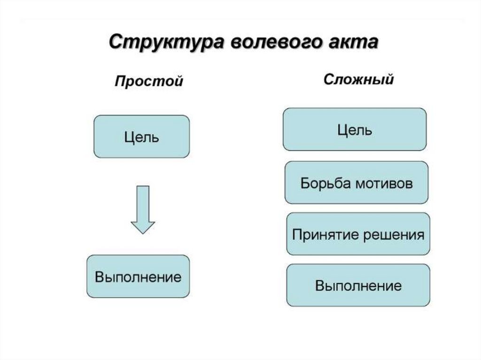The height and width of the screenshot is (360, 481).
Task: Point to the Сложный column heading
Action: click(358, 79)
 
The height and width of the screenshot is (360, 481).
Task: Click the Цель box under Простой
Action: click(142, 137)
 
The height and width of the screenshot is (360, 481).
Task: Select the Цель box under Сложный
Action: click(355, 129)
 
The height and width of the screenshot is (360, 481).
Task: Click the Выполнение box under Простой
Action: click(138, 276)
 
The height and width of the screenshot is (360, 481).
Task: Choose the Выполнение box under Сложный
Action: click(358, 285)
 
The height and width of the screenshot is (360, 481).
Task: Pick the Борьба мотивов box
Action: click(357, 183)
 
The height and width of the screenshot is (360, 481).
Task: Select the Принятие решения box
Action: click(358, 234)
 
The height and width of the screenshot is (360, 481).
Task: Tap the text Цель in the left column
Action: click(142, 137)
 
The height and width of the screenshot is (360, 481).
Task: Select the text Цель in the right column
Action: click(355, 130)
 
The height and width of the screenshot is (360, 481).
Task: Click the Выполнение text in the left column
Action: click(138, 276)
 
